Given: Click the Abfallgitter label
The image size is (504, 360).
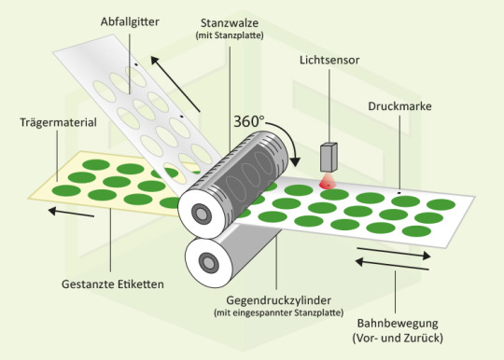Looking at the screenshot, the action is (130, 22).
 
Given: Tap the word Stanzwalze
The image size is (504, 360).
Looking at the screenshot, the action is (230, 23).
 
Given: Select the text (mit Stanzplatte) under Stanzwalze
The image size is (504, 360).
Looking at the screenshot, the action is (230, 35).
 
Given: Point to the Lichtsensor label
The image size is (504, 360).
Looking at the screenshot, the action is (329, 60).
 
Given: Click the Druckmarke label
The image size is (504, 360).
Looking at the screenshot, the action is (399, 106).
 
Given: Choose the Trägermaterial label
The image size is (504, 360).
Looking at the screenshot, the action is (58, 122).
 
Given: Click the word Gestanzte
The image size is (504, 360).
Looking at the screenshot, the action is (88, 284).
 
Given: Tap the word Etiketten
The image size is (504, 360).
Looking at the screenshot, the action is (140, 284).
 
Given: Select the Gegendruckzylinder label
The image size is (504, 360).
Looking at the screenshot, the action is (279, 300).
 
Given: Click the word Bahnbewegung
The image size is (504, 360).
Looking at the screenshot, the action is (398, 324).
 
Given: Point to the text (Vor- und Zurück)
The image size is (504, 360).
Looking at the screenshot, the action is (398, 339).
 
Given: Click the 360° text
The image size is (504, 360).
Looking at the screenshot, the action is (249, 121).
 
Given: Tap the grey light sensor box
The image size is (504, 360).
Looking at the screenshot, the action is (329, 157).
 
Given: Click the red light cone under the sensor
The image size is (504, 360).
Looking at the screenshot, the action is (328, 182).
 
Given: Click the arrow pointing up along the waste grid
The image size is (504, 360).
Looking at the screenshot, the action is (175, 84).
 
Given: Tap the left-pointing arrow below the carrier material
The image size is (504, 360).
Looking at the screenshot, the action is (71, 213).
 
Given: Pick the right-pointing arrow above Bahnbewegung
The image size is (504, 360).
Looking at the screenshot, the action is (394, 252).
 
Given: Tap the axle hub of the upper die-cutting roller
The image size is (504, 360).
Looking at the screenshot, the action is (201, 213).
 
